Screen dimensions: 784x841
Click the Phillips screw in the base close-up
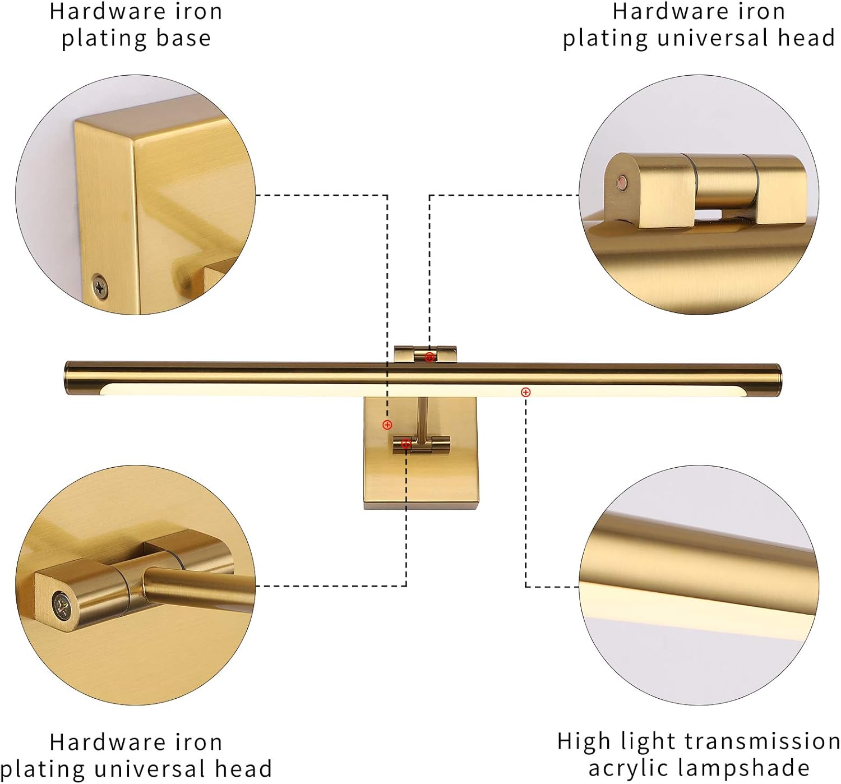[x=100, y=287]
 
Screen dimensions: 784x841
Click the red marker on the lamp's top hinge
[x=430, y=357]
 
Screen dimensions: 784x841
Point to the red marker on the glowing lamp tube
[x=525, y=392]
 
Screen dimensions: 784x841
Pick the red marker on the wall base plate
[x=387, y=425]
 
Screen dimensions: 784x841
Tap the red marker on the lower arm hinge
[x=406, y=444]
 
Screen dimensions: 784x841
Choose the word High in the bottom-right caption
[x=583, y=741]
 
